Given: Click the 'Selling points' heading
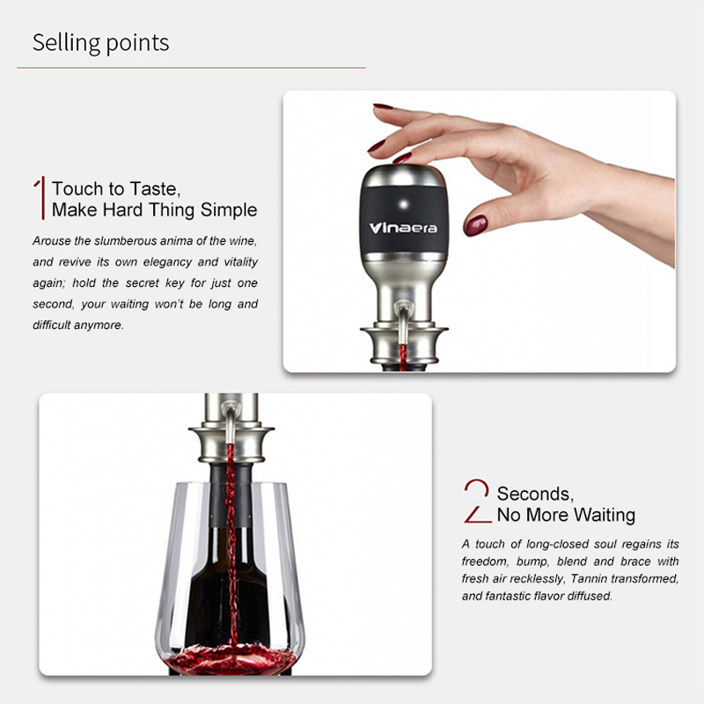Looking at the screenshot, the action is (x=100, y=43).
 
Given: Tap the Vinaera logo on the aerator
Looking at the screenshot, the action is (x=403, y=228).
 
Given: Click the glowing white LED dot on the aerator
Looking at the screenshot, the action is (x=403, y=204).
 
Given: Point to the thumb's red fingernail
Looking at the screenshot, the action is (x=475, y=225).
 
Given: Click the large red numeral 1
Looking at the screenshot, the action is (x=40, y=197).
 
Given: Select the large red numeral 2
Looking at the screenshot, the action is (x=477, y=501).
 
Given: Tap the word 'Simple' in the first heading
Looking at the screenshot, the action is (x=229, y=209).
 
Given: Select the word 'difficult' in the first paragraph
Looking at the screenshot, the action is (x=52, y=325).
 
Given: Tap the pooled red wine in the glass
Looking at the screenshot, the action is (x=230, y=659).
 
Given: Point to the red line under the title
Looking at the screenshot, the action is (x=191, y=68).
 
